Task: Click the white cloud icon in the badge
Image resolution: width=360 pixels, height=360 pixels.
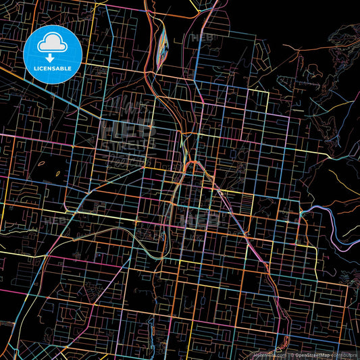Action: (52, 45)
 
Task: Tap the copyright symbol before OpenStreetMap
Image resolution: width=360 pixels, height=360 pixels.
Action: (292, 355)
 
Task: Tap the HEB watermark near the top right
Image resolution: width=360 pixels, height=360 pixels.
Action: (201, 38)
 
